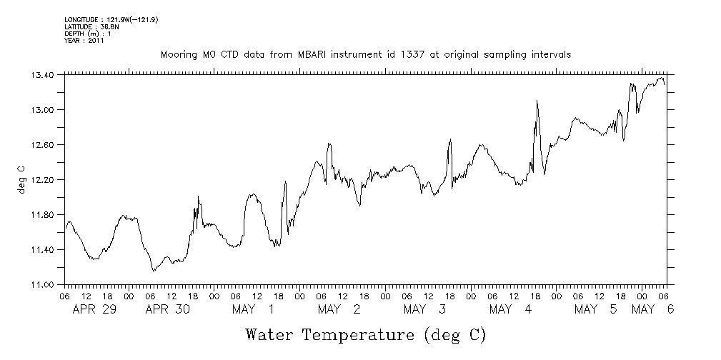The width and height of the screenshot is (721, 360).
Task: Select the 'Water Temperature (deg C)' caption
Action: [365, 334]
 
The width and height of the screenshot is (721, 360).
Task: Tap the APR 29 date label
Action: [94, 309]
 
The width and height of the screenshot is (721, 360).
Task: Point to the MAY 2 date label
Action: [339, 309]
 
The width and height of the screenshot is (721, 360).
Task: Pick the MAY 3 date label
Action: [424, 309]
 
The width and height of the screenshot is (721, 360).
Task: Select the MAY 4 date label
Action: [511, 309]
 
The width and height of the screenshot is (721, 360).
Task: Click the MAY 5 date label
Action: [597, 309]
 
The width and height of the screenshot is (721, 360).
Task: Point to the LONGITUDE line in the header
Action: [111, 20]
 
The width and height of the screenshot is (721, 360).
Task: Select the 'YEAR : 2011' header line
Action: [84, 41]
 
